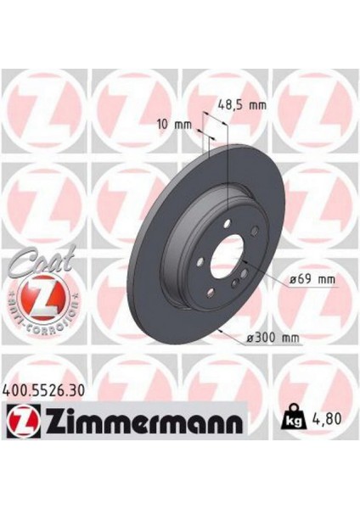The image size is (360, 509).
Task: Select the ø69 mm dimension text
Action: tap(314, 278)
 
